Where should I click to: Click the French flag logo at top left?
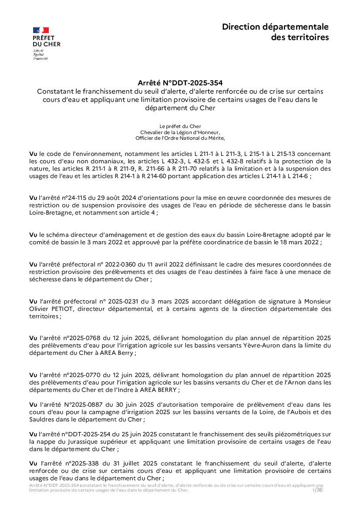point(41,30)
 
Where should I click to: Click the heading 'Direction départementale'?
point(275,27)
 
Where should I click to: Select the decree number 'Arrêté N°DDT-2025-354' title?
point(180,82)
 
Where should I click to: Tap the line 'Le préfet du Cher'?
point(180,126)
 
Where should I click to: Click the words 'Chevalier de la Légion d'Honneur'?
point(180,132)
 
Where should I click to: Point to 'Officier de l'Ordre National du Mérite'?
point(180,138)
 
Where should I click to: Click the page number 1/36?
point(318,490)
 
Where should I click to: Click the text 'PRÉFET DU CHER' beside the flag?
point(47,41)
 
